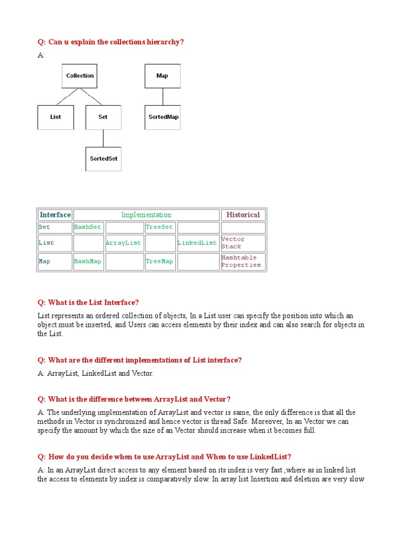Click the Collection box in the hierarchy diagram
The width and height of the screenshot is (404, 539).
tap(79, 76)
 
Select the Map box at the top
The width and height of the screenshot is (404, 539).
tap(162, 76)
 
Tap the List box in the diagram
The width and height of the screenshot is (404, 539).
tap(55, 117)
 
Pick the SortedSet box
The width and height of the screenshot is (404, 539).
tap(103, 158)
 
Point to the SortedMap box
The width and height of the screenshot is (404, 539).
tap(163, 117)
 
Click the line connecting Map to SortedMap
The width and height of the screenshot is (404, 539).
tap(163, 96)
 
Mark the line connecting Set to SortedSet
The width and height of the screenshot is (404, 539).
tap(103, 138)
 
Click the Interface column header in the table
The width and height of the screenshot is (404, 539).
tap(55, 215)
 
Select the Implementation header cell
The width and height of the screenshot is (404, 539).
tap(146, 215)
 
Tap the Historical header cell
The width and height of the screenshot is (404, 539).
tap(243, 215)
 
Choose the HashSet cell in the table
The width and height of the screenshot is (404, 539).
tap(88, 227)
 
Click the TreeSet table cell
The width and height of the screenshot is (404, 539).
tap(159, 227)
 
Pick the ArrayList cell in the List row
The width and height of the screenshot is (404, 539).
tap(124, 243)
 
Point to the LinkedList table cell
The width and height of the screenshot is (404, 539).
tap(197, 243)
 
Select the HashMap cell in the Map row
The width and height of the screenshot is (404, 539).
tap(88, 262)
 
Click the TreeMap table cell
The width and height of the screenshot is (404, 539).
tap(159, 262)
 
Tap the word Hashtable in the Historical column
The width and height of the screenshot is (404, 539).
tap(239, 258)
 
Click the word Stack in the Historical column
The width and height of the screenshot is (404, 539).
tap(231, 247)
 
